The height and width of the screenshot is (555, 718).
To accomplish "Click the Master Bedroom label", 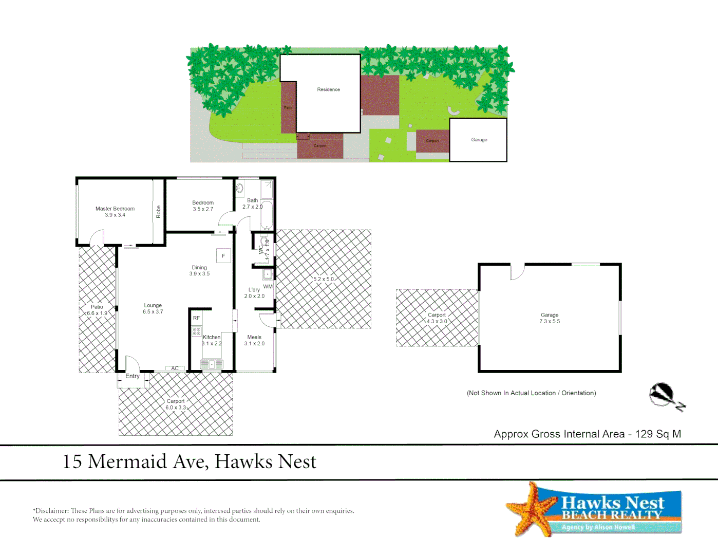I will pos(115,212).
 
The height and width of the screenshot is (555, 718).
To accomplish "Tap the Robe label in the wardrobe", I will pos(159,212).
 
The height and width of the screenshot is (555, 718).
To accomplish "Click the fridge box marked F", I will pos(223,256).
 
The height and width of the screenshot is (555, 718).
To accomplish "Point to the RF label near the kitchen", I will pos(196,318).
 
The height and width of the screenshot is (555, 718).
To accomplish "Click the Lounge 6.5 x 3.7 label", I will pos(153,308).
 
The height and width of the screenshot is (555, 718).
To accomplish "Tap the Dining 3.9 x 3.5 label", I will pos(199,271).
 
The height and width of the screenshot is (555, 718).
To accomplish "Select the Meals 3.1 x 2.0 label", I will pos(254,341).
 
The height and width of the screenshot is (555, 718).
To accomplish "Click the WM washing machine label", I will pos(268,287).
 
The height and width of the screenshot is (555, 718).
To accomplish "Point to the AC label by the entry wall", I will pos(175,368).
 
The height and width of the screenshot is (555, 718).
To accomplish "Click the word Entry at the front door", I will pos(133,376).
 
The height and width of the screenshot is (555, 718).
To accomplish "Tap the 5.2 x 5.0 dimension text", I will pos(324,280).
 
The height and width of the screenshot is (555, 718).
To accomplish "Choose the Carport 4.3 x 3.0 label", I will pos(437,318).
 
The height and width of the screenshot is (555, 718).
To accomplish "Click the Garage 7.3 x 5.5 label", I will pos(550,318).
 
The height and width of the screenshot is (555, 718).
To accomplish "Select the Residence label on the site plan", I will pos(329,89).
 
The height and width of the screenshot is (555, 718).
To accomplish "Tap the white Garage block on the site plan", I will pos(479,140).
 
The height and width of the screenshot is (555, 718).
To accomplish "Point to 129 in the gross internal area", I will pos(644,434).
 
